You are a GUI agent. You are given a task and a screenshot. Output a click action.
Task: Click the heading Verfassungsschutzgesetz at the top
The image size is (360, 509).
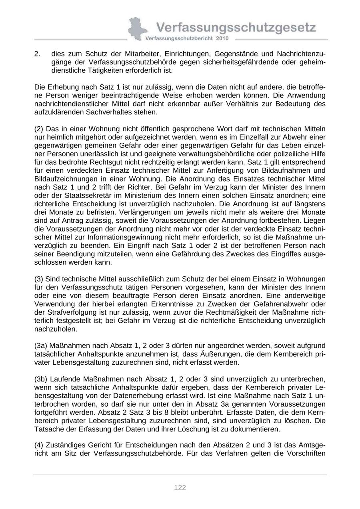coord(236,28)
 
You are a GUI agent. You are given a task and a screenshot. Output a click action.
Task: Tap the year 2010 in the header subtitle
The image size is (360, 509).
coord(222,38)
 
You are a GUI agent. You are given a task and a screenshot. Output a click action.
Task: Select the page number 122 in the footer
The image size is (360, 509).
coord(180,487)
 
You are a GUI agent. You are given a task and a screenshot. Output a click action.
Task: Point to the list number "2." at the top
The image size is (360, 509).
coord(38,54)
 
